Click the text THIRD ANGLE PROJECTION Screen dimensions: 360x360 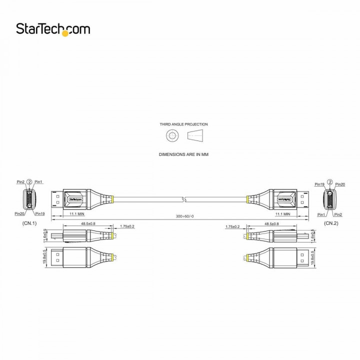pos(183,124)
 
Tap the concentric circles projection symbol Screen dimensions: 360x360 pos(172,135)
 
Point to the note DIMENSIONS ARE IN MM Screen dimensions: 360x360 pos(183,154)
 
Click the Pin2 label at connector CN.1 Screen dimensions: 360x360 pos(20,181)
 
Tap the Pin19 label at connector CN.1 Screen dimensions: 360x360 pos(40,213)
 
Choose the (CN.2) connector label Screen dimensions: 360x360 pos(330,223)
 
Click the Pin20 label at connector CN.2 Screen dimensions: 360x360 pos(340,184)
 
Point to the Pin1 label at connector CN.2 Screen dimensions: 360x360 pos(321,214)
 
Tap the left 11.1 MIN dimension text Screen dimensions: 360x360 pos(76,213)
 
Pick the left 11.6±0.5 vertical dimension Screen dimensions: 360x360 pos(45,235)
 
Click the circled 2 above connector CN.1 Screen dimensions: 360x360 pos(29,181)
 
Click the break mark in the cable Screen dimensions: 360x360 pos(184,199)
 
